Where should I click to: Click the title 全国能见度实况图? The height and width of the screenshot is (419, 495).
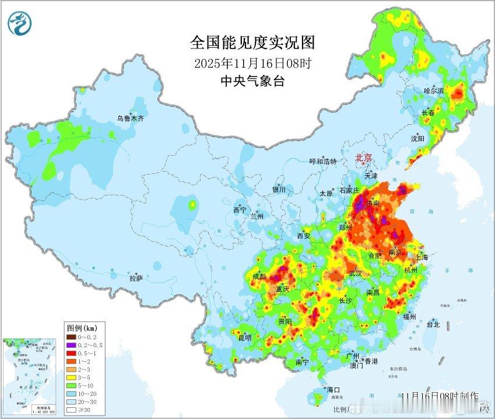point(252,42)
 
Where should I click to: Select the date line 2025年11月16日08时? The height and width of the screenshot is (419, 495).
point(252,63)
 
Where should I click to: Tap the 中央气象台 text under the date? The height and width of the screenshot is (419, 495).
point(252,81)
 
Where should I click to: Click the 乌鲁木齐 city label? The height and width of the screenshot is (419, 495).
point(130,118)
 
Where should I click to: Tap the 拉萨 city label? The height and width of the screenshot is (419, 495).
point(136,279)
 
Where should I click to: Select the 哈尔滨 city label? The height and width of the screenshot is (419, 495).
point(434,91)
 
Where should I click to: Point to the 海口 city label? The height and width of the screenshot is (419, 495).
point(333,389)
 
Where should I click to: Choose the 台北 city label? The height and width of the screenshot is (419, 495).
point(433,324)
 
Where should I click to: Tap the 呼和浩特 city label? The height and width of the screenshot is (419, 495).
point(322,162)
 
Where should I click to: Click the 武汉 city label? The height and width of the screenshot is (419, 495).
point(355,273)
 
